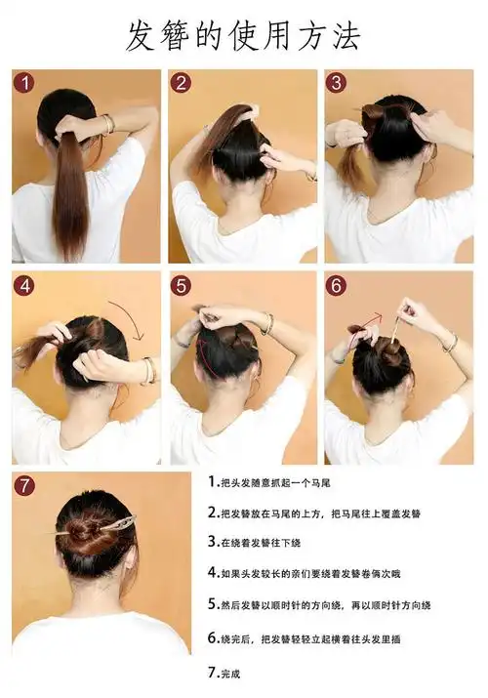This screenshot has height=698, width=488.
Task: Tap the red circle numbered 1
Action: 25,83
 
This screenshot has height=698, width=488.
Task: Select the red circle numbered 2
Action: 181,83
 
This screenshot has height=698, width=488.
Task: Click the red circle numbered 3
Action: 336,83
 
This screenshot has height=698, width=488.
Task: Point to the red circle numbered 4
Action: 25,285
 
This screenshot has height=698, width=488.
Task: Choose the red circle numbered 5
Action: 181,285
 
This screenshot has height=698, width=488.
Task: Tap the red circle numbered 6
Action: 336,285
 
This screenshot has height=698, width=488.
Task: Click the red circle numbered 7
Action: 25,485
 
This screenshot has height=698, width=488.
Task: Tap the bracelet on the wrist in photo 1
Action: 107,124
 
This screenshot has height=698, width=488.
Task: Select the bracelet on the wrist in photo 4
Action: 148,370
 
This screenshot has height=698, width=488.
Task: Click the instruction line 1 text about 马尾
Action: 269,482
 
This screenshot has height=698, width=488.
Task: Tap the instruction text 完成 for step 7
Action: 224,673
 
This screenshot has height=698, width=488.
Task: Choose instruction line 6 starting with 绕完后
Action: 305,638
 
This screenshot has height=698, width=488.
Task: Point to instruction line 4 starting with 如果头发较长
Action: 305,573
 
